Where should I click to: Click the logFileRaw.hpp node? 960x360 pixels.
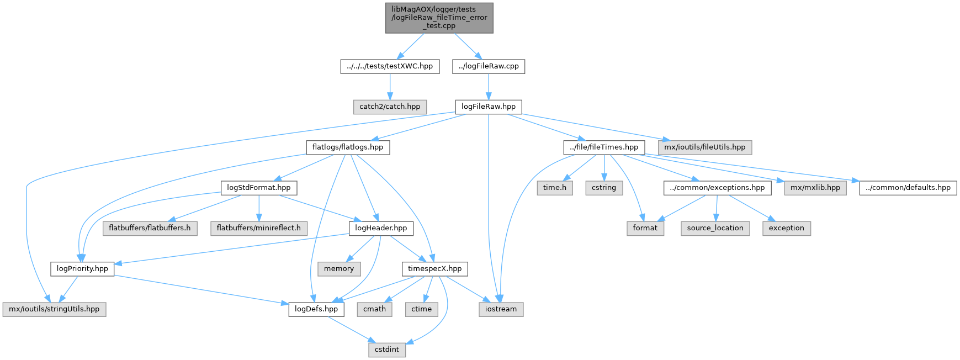coord(488,107)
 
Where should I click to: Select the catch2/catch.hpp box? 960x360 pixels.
coord(390,107)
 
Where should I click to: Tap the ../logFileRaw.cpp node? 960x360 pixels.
coord(489,66)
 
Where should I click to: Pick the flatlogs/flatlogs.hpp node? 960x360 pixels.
coord(348,147)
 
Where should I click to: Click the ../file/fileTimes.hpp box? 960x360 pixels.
coord(604,147)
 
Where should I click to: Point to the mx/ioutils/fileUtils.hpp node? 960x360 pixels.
coord(704,147)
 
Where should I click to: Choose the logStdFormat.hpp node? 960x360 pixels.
coord(258,188)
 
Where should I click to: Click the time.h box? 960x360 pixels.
coord(554,188)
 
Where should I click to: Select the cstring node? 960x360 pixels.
coord(604,188)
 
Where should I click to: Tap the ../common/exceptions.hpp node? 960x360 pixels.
coord(717,188)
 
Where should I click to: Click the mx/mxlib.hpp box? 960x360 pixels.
coord(815,188)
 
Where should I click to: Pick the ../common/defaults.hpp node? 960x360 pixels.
coord(908,188)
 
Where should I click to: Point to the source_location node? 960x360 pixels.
coord(715,228)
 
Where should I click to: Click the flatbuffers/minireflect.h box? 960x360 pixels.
coord(258,228)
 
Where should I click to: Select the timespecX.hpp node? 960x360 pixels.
coord(434,269)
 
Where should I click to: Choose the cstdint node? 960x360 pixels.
coord(387,350)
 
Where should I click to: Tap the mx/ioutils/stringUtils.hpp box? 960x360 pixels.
coord(54,309)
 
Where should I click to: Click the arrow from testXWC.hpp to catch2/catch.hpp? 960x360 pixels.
coord(390,87)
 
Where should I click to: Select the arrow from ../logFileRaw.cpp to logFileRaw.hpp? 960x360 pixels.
coord(489,87)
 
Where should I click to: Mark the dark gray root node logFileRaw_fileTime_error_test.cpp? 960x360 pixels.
coord(439,18)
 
